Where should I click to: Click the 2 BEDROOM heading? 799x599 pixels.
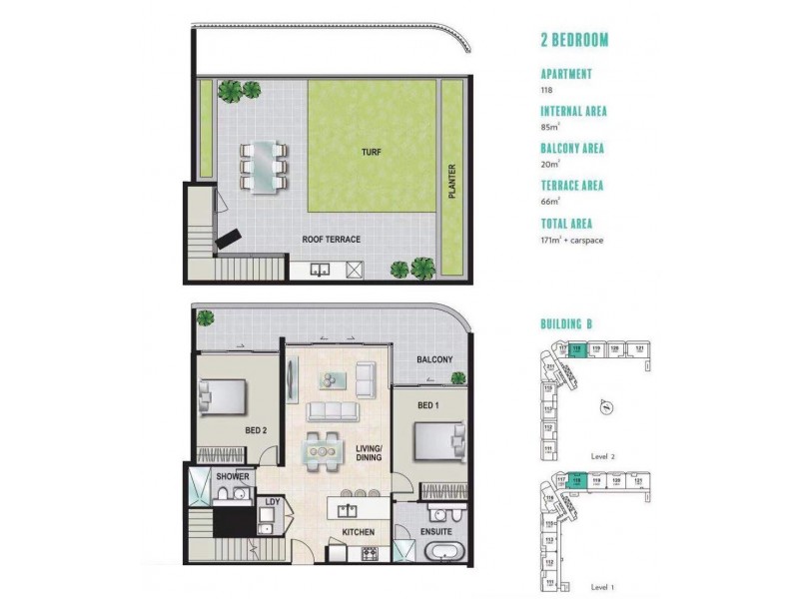coord(574,41)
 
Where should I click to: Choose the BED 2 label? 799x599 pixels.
coord(254,430)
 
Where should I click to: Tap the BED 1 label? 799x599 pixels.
coord(426,405)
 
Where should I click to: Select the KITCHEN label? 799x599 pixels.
coord(358,532)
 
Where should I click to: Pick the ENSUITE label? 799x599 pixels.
coord(436,533)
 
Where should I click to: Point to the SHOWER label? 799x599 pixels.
coord(232,477)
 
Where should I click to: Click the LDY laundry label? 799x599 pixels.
coord(271,501)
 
